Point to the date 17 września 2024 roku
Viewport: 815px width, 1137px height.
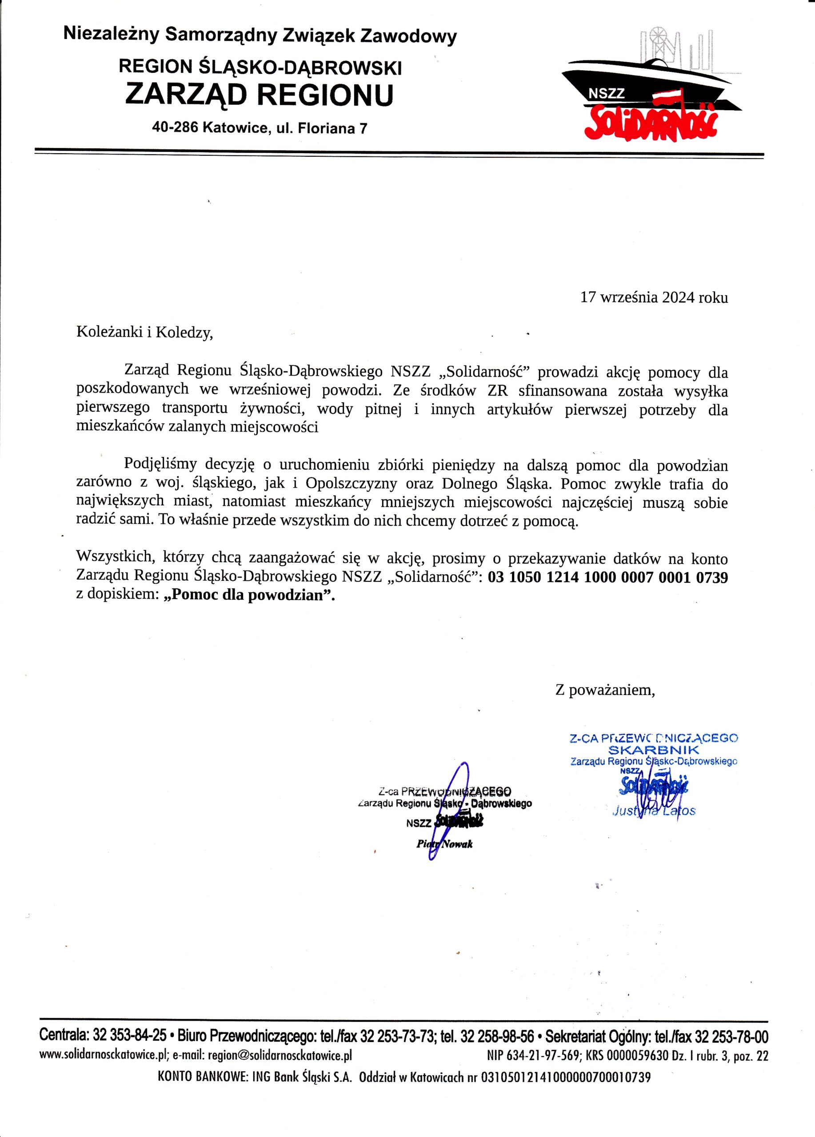pos(654,297)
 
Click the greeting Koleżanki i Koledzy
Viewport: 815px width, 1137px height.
pos(144,332)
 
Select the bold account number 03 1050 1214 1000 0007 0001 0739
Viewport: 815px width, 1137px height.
pos(607,577)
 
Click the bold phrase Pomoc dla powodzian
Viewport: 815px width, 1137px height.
pos(249,596)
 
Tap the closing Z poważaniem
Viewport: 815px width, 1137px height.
pos(605,690)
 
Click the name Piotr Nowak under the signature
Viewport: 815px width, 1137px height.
pos(444,844)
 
